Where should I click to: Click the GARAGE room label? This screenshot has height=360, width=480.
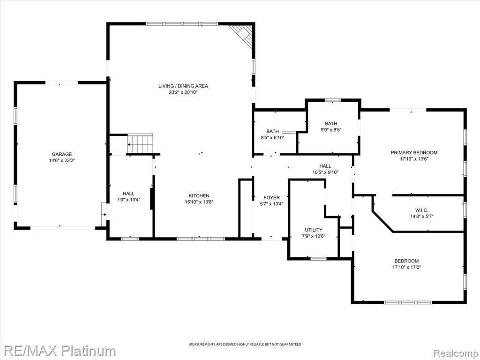(62, 154)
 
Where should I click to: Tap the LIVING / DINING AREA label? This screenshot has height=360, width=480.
(183, 86)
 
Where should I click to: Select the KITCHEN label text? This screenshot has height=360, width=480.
(199, 195)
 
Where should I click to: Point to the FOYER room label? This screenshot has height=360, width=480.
(271, 198)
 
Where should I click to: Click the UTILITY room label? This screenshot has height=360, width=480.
(314, 230)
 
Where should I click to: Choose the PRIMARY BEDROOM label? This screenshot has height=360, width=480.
(414, 152)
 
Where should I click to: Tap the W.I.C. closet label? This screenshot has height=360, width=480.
(421, 210)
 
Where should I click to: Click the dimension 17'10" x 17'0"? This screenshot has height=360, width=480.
(406, 267)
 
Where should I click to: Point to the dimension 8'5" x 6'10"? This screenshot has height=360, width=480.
(273, 138)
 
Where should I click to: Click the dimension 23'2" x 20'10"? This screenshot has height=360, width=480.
(183, 92)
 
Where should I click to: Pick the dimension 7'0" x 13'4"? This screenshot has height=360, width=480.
(128, 200)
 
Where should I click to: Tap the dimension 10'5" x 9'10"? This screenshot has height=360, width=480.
(325, 172)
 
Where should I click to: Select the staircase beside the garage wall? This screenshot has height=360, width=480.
(140, 143)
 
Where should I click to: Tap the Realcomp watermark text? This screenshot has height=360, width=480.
(456, 353)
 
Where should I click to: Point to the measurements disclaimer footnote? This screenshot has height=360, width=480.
(245, 345)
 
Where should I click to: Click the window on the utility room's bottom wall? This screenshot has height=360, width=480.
(318, 259)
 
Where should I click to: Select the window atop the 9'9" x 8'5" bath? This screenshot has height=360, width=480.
(333, 100)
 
